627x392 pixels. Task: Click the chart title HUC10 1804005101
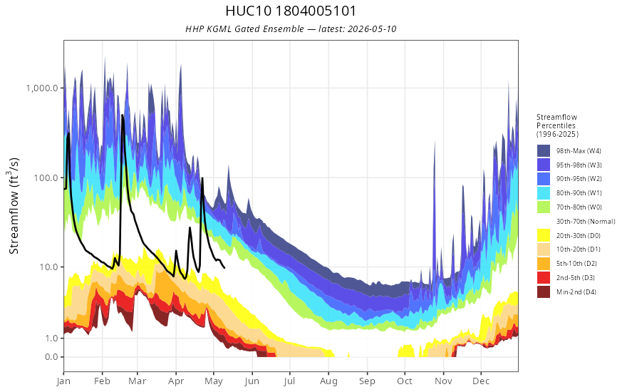coord(291,11)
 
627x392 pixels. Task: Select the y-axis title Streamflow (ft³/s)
coord(14,206)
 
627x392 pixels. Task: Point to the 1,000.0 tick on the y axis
coord(42,88)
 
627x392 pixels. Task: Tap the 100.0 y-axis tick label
coord(46,177)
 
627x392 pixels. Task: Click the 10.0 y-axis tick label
coord(48,267)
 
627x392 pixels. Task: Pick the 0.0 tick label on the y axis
coord(51,357)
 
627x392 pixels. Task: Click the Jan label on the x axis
coord(63,381)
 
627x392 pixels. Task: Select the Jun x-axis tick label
coord(252,381)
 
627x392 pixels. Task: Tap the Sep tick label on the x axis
coord(367,381)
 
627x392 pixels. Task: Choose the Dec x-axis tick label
coord(481,381)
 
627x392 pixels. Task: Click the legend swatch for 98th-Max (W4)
coord(544,151)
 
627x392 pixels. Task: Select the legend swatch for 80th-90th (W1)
coord(544,193)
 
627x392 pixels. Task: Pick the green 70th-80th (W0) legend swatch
coord(544,207)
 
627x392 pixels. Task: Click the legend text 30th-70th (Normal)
coord(586,221)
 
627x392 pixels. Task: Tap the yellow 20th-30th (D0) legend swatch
coord(544,235)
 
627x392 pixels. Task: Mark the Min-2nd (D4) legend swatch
coord(544,292)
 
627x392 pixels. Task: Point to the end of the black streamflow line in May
coord(224,267)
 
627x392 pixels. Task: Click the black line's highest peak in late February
coord(123,115)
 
